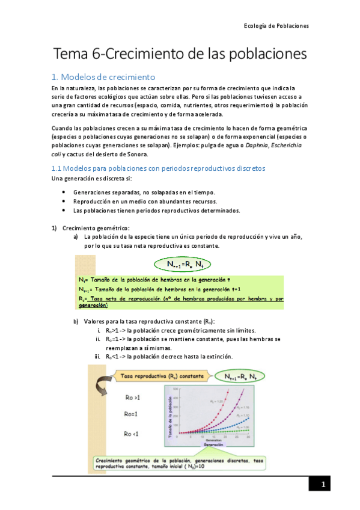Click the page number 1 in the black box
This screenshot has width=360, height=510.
(323, 485)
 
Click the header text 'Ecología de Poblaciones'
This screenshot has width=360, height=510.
(276, 26)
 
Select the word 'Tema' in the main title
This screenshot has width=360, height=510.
(71, 54)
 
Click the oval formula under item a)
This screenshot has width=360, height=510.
(181, 263)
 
